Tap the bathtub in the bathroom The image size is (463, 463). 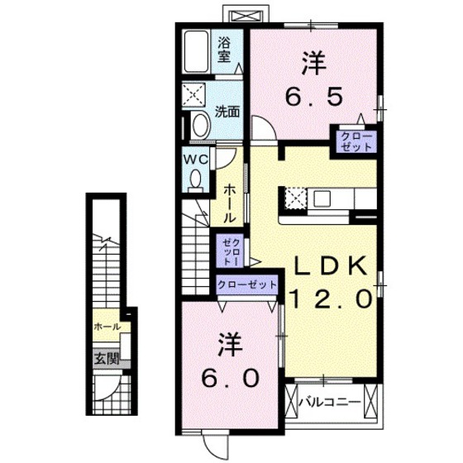(x=198, y=50)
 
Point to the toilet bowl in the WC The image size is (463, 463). (x=196, y=179)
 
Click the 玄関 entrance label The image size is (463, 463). (x=106, y=359)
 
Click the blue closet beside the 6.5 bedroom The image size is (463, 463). (x=351, y=141)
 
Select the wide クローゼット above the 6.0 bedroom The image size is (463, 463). (x=247, y=284)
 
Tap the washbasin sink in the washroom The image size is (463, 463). (x=199, y=125)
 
